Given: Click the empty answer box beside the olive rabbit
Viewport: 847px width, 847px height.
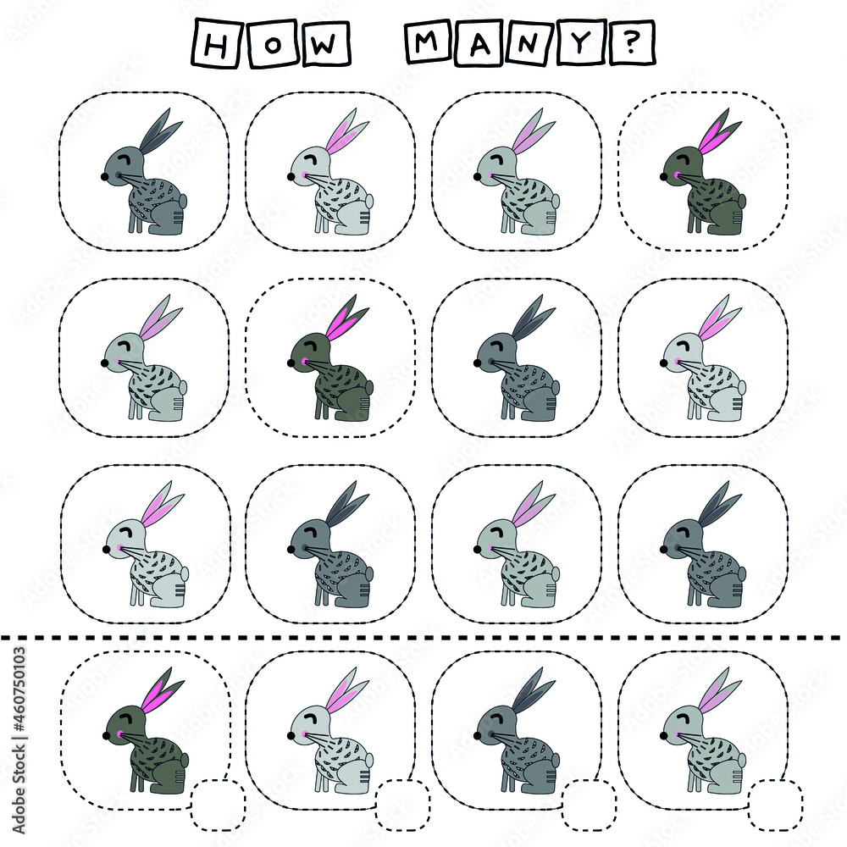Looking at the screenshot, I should click(x=218, y=805).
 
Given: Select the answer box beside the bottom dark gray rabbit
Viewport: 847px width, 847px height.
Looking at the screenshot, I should click(x=589, y=805).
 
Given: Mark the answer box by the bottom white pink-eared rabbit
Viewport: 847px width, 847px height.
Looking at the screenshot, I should click(x=403, y=805).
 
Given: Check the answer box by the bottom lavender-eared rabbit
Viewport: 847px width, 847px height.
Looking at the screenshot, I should click(x=775, y=805).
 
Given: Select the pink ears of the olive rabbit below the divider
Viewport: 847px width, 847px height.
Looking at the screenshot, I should click(x=163, y=690).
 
